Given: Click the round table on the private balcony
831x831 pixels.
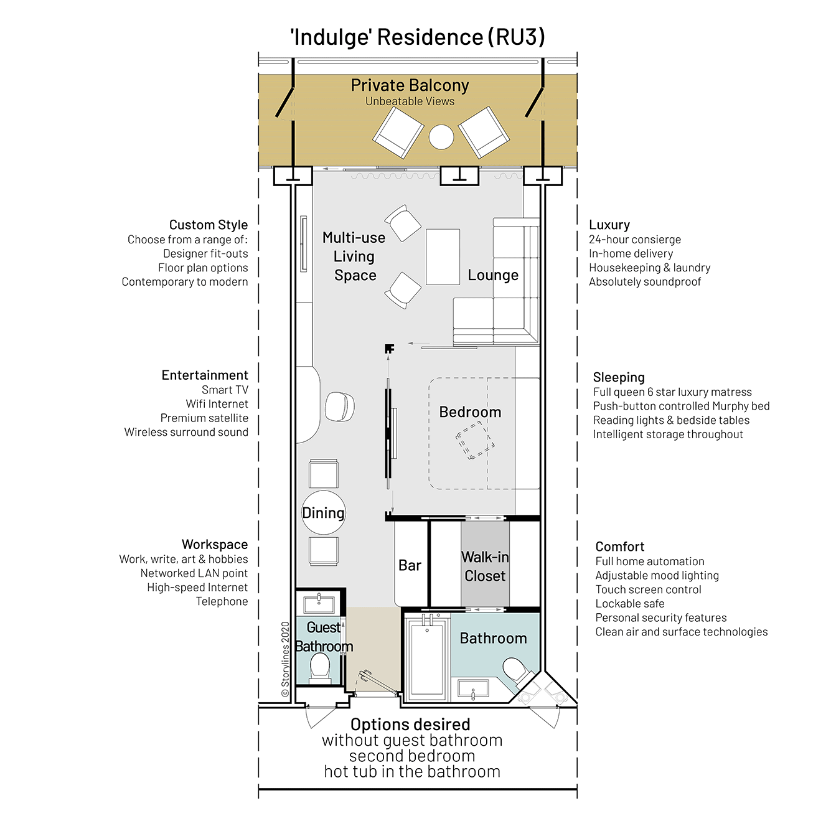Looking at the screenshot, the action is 441,137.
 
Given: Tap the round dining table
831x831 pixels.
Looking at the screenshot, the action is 324,512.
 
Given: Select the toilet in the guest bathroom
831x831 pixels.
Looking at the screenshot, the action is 320,669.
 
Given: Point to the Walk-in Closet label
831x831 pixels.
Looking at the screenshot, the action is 485,566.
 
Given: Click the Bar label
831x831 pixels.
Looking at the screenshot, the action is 410,565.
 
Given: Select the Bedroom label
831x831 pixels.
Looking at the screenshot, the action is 470,412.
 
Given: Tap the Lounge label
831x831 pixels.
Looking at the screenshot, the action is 493,275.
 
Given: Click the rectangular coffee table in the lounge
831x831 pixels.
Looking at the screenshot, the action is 443,256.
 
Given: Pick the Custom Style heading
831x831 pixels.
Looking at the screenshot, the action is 209,225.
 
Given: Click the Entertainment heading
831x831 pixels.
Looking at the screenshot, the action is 205,375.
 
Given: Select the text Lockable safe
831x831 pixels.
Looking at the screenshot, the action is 629,603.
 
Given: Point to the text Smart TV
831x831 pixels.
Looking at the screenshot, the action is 225,390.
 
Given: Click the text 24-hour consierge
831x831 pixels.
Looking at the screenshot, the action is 635,239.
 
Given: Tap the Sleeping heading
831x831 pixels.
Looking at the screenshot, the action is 619,377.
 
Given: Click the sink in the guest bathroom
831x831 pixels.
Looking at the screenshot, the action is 319,604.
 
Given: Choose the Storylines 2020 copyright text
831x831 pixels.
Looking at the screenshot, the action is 285,659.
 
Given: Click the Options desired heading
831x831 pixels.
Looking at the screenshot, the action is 410,725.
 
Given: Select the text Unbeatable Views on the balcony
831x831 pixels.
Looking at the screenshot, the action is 410,101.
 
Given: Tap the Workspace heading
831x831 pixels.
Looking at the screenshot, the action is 215,544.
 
